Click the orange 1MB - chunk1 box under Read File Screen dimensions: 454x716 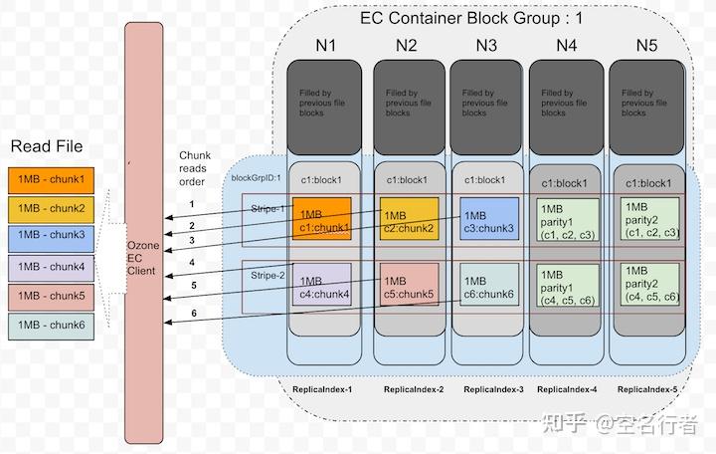53,181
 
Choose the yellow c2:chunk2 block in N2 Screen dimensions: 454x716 409,221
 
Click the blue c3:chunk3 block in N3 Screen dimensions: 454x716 487,221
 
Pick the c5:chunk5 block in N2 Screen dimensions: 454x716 409,287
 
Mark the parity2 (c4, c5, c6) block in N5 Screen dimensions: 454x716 649,284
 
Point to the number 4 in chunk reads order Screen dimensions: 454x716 192,263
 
